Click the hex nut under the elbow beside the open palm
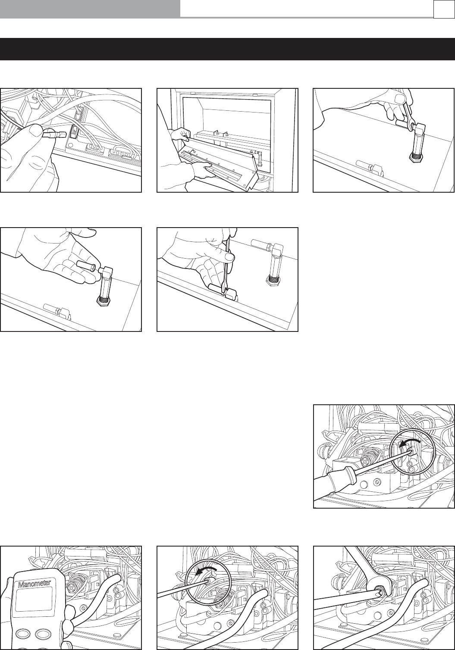tap(104, 301)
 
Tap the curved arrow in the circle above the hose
tap(206, 570)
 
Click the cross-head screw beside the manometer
tap(72, 587)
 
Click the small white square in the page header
tap(444, 9)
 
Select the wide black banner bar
tap(227, 49)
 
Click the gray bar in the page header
tap(90, 9)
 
